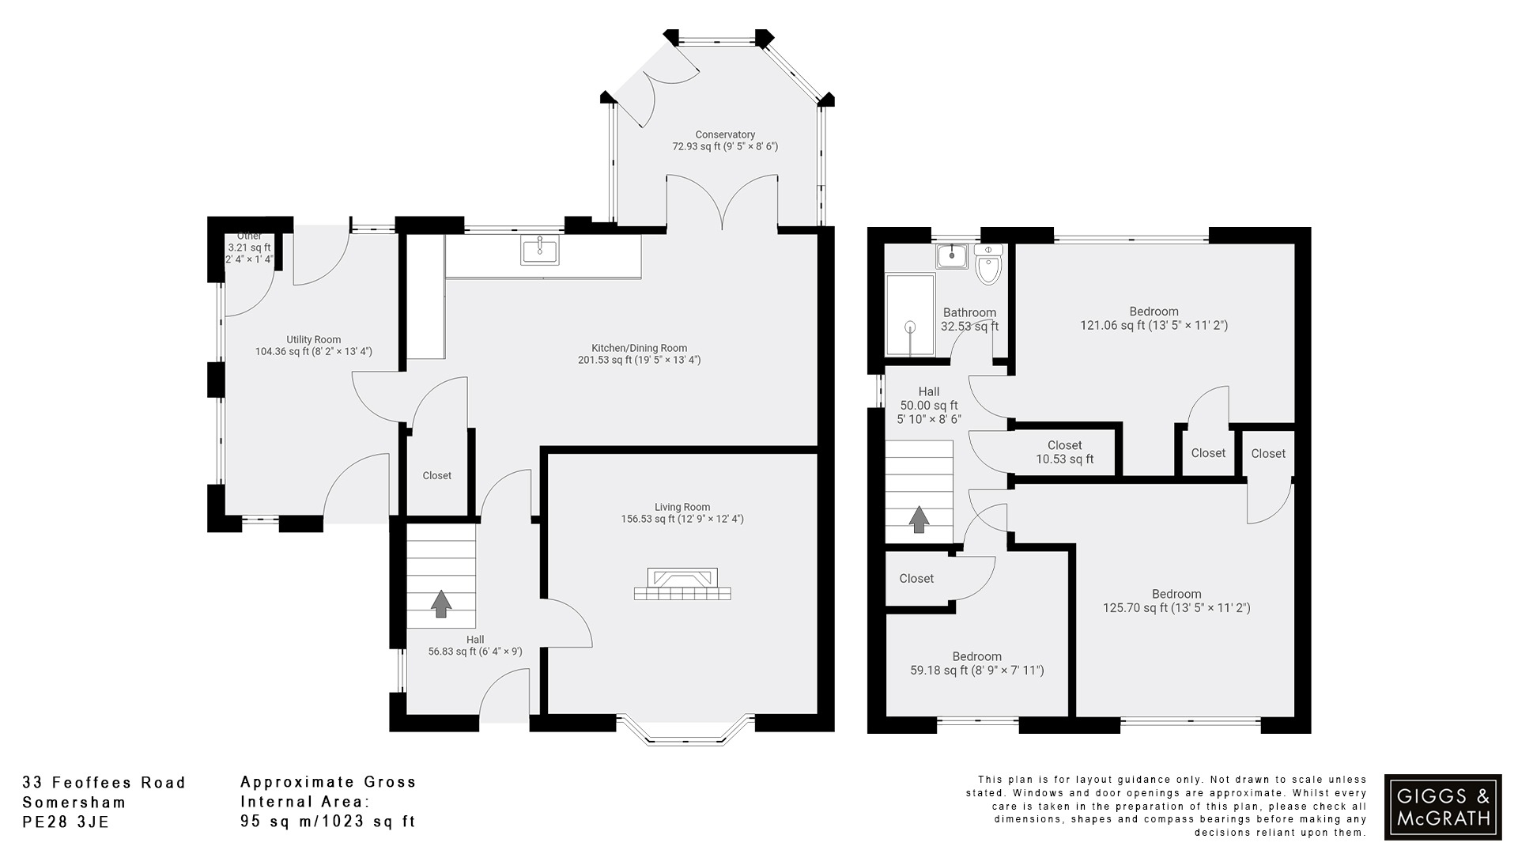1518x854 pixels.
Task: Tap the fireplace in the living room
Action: pos(682,585)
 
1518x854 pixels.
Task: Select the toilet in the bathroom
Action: pos(988,266)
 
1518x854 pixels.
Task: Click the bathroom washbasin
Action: pos(953,256)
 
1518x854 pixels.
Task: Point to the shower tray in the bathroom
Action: pos(910,315)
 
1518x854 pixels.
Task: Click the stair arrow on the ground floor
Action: pos(441,603)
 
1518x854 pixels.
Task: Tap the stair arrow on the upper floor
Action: pos(919,520)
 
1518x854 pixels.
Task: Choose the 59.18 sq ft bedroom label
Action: pos(976,663)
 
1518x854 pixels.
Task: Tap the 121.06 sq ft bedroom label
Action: pos(1154,318)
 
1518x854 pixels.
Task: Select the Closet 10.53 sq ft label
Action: pos(1064,452)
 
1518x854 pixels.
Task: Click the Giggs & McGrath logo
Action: pos(1443,807)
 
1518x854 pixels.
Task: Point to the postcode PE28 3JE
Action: pos(66,822)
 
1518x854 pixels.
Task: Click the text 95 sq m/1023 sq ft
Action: pos(327,822)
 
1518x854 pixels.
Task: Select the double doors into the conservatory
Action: pos(722,203)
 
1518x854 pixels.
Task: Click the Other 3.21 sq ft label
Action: pos(249,248)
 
